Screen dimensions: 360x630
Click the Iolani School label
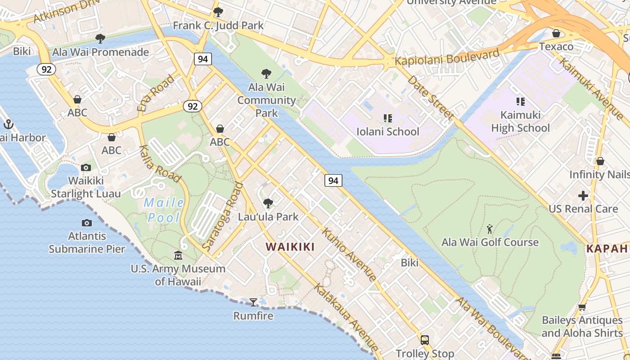point(387,132)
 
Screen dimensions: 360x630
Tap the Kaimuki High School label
point(520,121)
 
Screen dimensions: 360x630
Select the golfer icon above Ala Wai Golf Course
point(490,229)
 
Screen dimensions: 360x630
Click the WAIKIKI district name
point(290,247)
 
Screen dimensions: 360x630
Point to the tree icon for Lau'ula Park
point(268,203)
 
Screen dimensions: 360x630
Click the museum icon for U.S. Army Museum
point(178,256)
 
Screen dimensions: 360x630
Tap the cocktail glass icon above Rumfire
point(253,302)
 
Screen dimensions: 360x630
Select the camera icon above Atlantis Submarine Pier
point(87,223)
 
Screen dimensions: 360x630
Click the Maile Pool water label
point(164,210)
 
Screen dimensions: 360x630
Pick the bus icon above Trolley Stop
point(424,340)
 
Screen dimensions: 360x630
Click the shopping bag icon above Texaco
point(556,33)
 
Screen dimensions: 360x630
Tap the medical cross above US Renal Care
point(583,196)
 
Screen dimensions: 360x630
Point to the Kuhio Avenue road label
point(349,255)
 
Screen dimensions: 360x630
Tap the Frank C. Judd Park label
point(218,26)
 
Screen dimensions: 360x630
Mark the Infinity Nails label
point(599,174)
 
